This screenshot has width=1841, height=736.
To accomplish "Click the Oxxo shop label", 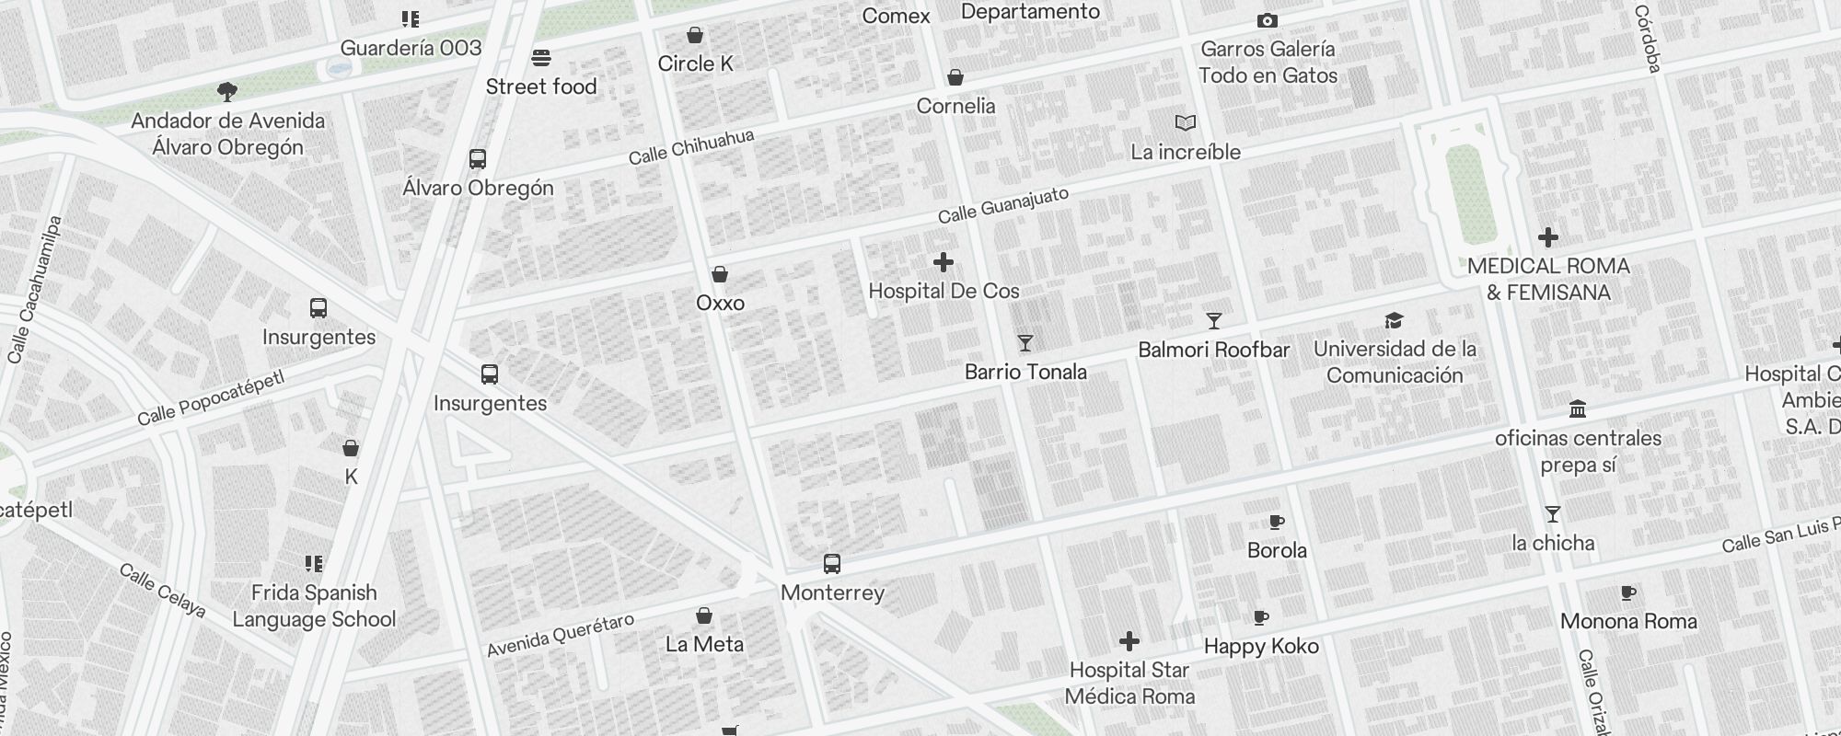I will (x=720, y=303).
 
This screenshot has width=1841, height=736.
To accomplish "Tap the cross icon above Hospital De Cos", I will (x=944, y=263).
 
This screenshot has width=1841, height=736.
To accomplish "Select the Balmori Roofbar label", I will (x=1213, y=350).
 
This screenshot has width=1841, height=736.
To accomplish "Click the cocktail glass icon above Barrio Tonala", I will (x=1025, y=343).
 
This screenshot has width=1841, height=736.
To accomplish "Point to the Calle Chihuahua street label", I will (x=691, y=147).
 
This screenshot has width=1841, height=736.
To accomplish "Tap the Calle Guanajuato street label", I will (x=1003, y=205).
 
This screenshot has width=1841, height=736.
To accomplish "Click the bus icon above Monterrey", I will (x=832, y=563).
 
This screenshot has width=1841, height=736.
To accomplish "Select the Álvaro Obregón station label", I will (x=478, y=188).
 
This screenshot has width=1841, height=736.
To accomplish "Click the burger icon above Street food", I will (x=541, y=58).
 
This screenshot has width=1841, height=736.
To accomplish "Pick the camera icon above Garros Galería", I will (x=1268, y=20).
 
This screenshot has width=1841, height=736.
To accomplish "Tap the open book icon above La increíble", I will (x=1186, y=122).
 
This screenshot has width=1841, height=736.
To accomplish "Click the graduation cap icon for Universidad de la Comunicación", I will (x=1395, y=320).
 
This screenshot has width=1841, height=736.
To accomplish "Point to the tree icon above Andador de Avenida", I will (x=227, y=91).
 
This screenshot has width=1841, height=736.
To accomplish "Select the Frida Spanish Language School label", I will (x=314, y=605).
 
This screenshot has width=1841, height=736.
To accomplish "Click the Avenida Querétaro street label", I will (x=561, y=636).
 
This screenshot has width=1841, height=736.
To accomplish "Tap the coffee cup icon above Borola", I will (x=1277, y=522).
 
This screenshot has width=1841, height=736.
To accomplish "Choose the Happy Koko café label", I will (x=1261, y=646).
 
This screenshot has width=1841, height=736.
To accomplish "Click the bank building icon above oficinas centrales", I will (x=1578, y=408).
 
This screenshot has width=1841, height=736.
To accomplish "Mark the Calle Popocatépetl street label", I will (x=211, y=398).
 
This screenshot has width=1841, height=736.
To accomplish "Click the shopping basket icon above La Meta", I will (x=704, y=615).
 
